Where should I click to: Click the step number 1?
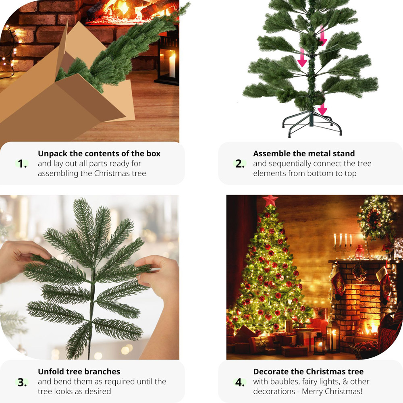[22, 164]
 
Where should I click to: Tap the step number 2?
[240, 164]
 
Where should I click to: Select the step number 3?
[22, 382]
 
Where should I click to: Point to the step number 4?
[240, 382]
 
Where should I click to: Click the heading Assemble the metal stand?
[304, 154]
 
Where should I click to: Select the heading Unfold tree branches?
[79, 372]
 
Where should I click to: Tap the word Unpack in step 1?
[52, 154]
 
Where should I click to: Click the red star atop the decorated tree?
[270, 200]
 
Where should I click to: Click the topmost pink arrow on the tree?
[323, 36]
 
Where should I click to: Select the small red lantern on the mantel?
[359, 252]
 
